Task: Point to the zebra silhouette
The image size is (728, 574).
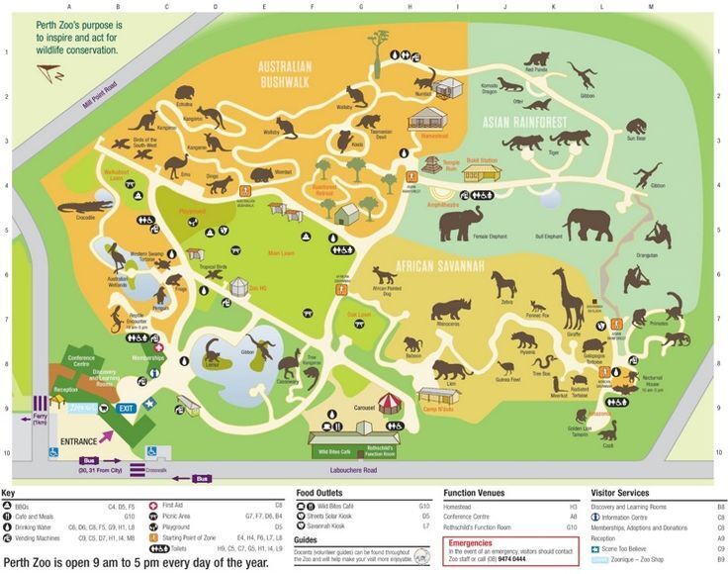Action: point(508,284)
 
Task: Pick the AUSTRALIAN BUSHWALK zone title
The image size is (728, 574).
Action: point(285,74)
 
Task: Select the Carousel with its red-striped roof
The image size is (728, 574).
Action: point(392,405)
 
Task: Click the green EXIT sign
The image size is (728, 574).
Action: point(126,407)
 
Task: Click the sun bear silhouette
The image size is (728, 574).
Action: point(636,126)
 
